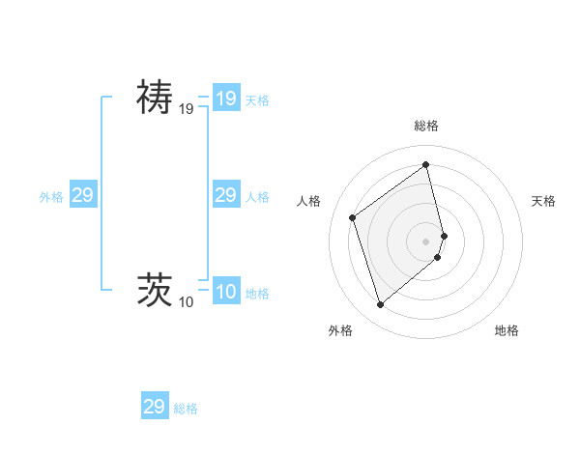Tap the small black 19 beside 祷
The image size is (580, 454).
(x=186, y=110)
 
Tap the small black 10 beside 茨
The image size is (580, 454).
(x=186, y=303)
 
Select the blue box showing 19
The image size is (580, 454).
(x=225, y=99)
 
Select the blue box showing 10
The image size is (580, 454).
(x=225, y=292)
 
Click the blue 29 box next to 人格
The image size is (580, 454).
(x=225, y=195)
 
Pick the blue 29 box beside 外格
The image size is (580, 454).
(x=82, y=195)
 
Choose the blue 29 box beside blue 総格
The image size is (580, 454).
(x=155, y=407)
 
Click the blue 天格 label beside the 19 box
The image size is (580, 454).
(x=257, y=100)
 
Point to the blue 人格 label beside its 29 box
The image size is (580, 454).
(x=257, y=197)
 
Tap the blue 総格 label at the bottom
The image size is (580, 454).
(x=186, y=409)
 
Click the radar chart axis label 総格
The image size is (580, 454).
(x=426, y=126)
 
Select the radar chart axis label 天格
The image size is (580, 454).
(x=543, y=201)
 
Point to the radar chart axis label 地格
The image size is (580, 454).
(x=507, y=330)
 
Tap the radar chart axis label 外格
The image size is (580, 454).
(x=340, y=330)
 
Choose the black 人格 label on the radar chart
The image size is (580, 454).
(x=309, y=201)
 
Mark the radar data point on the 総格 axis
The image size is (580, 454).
(x=426, y=164)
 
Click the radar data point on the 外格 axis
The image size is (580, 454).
(x=380, y=305)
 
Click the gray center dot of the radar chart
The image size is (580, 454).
(x=426, y=241)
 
